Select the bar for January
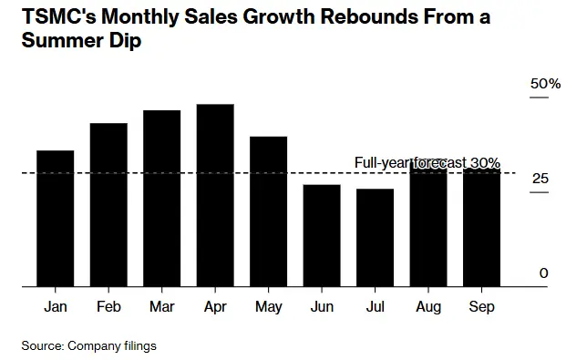(56, 219)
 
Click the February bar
(108, 205)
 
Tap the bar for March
(162, 199)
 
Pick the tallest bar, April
(215, 196)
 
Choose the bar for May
(269, 211)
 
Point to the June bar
(322, 236)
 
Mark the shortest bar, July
(376, 238)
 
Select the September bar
(482, 228)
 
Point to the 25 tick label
(541, 179)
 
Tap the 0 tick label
(543, 273)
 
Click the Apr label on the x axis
(215, 307)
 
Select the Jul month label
(376, 307)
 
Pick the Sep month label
(482, 307)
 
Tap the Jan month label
(56, 307)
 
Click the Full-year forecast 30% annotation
(427, 162)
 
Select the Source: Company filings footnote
(90, 345)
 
